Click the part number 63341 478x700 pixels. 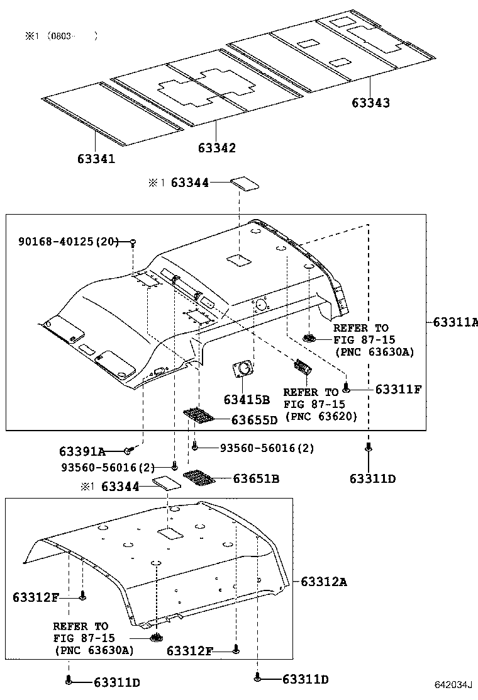pyautogui.click(x=96, y=159)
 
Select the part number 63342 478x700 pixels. pyautogui.click(x=217, y=148)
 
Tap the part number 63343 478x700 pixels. pyautogui.click(x=370, y=103)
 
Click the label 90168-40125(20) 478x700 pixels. pyautogui.click(x=68, y=242)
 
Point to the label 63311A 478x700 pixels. pyautogui.click(x=455, y=322)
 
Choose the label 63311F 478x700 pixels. pyautogui.click(x=398, y=389)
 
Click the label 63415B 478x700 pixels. pyautogui.click(x=246, y=399)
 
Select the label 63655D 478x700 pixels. pyautogui.click(x=254, y=420)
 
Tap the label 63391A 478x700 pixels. pyautogui.click(x=82, y=451)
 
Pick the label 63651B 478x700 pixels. pyautogui.click(x=256, y=479)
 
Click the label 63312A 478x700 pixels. pyautogui.click(x=323, y=581)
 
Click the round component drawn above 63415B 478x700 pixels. pyautogui.click(x=243, y=369)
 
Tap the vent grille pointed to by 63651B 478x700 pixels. pyautogui.click(x=201, y=478)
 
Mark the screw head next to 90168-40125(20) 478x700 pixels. pyautogui.click(x=133, y=242)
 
